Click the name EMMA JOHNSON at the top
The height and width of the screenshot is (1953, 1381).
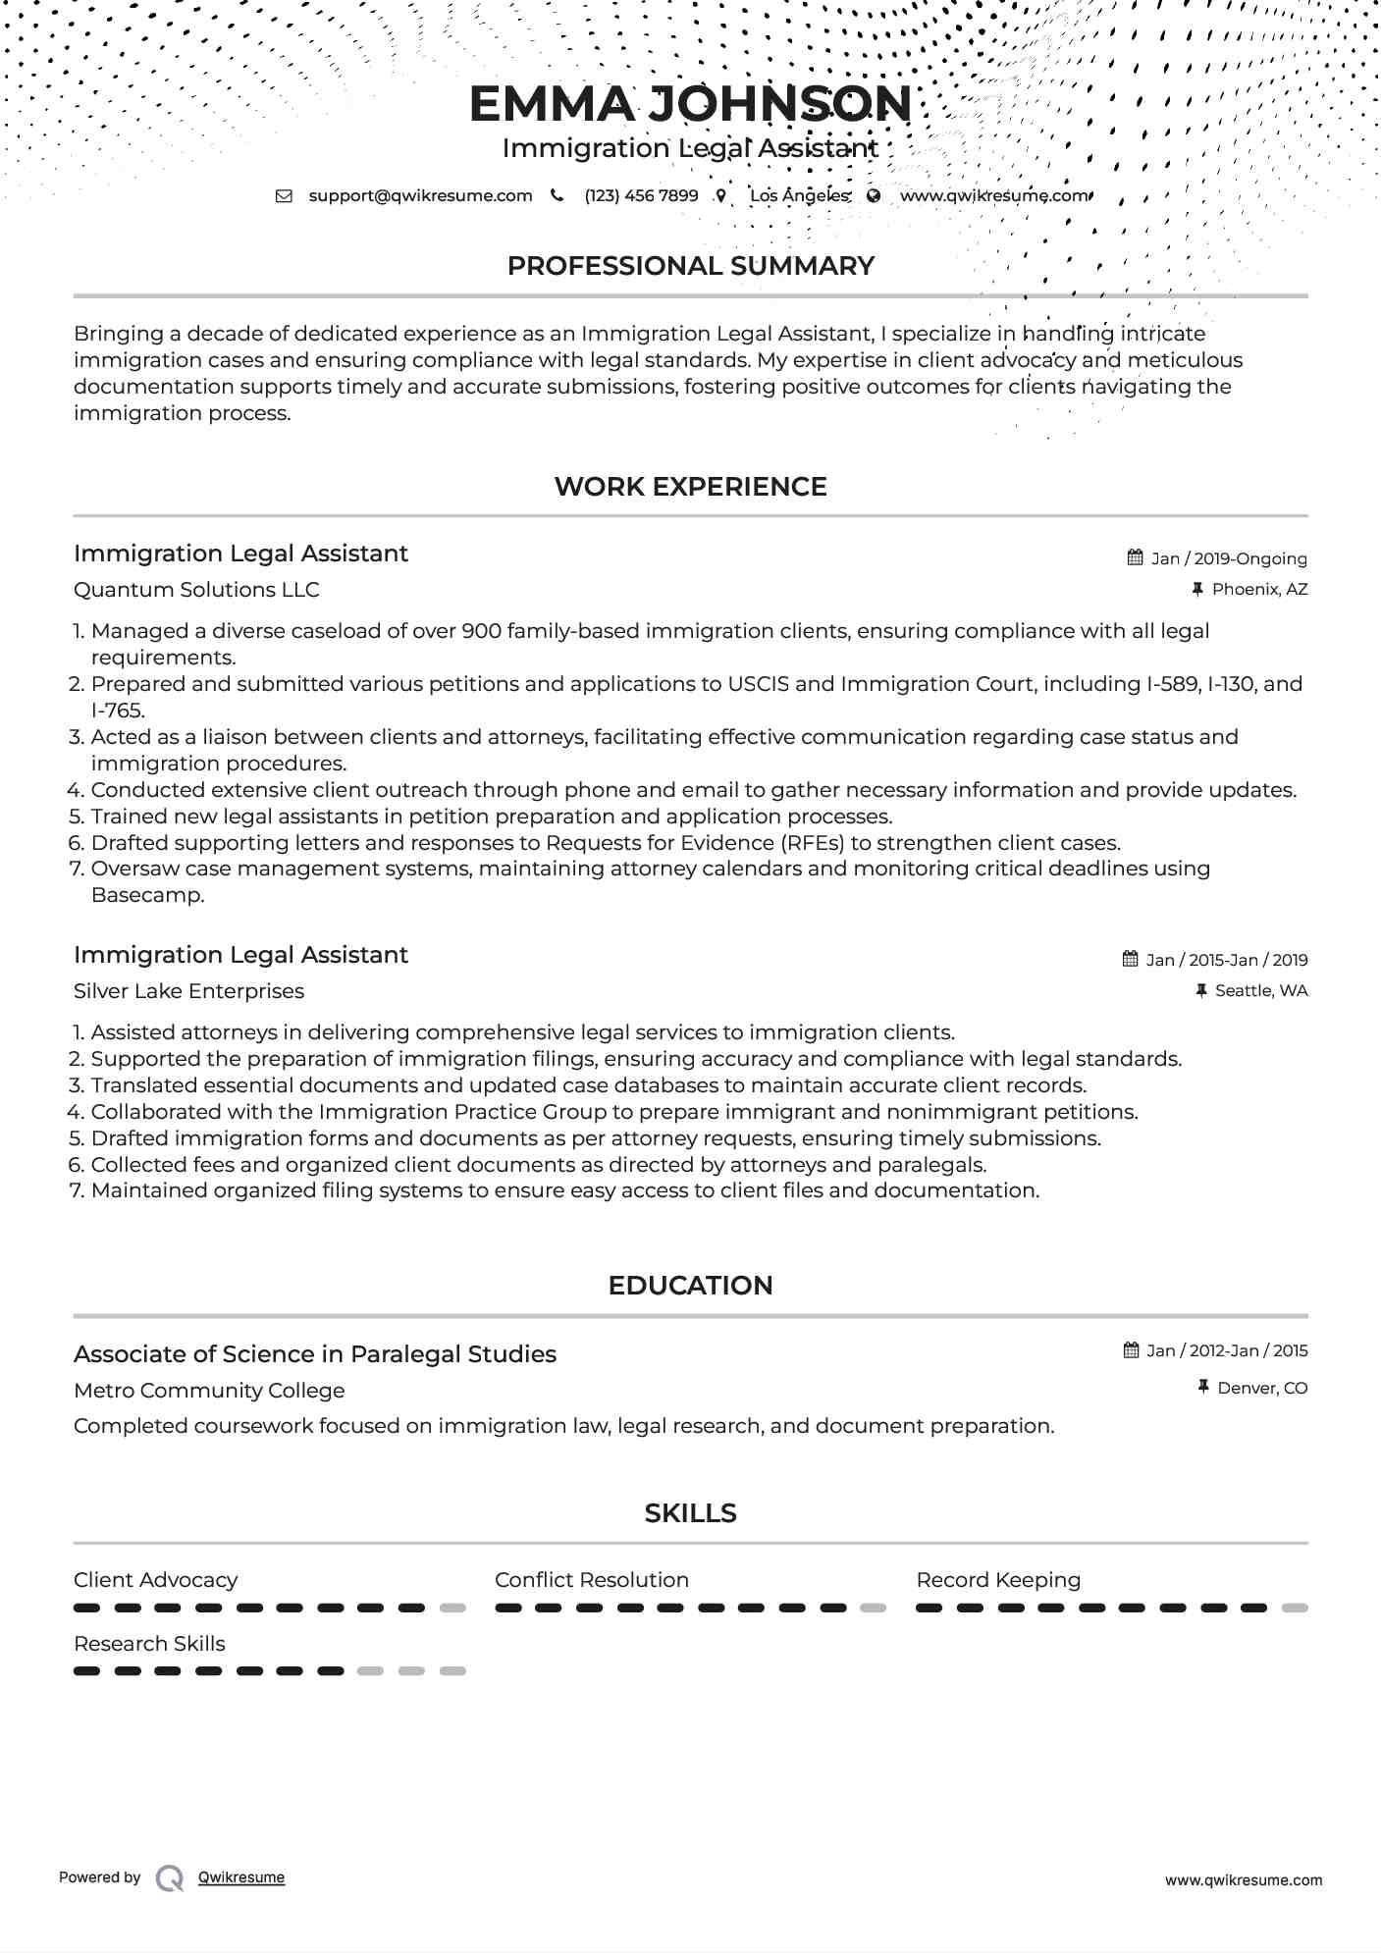690,104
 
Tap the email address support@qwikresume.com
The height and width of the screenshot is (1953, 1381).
420,195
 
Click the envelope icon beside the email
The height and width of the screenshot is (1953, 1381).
284,195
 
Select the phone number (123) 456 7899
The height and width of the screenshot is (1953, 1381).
641,195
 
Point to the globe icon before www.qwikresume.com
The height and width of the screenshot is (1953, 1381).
874,195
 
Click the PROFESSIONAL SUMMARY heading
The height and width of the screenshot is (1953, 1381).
690,266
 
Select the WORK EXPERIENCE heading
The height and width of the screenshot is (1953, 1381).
690,487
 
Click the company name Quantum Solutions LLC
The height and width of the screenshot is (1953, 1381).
196,590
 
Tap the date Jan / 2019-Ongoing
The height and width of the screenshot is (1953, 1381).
1229,558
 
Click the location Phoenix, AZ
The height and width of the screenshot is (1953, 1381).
1259,589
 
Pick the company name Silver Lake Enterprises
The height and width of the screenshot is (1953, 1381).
188,991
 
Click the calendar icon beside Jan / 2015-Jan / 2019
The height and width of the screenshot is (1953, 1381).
1131,959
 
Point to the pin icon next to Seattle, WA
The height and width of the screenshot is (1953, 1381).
1201,990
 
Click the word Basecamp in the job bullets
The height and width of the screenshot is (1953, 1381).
147,895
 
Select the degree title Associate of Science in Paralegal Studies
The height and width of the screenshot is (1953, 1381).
315,1354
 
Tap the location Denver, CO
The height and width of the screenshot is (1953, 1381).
1262,1388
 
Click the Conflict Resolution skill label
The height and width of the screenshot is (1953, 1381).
592,1580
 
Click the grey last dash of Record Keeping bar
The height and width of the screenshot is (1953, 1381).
1295,1608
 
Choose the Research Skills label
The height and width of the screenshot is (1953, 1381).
149,1643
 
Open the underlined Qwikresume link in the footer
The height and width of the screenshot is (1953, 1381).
241,1877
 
